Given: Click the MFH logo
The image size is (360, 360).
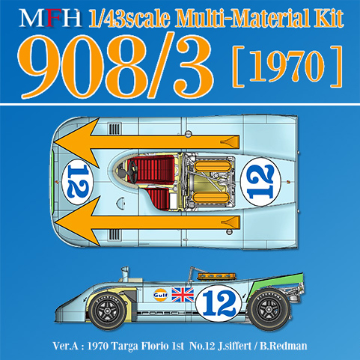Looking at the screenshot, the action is coord(51,18).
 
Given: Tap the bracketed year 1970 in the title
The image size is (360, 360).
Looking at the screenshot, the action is coord(287,66).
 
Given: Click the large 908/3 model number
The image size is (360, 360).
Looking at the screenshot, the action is coord(115,66).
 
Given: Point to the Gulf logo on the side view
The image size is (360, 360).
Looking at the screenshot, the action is coord(161,295).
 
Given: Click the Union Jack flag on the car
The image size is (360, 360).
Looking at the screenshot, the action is coord(183,294).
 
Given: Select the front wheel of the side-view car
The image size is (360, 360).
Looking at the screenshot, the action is coord(108,310).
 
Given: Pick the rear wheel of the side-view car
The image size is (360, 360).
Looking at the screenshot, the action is coord(269,309).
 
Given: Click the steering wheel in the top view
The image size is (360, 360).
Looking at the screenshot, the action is coord(133,171).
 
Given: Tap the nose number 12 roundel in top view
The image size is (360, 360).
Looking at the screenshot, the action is coord(78,182).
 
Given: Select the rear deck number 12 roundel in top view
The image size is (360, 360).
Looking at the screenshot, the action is coord(260,182).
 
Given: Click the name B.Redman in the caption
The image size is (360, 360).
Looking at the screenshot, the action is coord(284,346).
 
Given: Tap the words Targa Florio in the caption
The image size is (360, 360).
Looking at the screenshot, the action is coord(146,346).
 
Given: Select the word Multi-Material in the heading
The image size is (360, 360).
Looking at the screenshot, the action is coord(241,18).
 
